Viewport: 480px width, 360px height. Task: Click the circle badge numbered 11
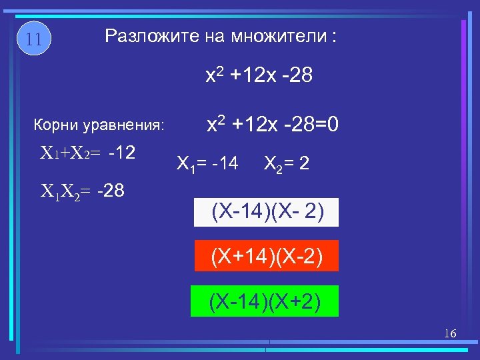click(x=34, y=39)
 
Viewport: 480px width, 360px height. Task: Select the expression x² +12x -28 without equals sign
click(x=259, y=77)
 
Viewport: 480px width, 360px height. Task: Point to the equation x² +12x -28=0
click(x=273, y=124)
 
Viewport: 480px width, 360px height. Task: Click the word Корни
click(x=55, y=125)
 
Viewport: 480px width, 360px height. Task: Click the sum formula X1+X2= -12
click(x=89, y=153)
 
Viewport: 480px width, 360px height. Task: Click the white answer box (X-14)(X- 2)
click(x=267, y=213)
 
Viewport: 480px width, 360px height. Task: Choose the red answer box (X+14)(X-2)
click(x=267, y=256)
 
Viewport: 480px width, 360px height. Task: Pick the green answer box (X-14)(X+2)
click(x=265, y=301)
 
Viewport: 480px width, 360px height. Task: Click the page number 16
click(x=450, y=333)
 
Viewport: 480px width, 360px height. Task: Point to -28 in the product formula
click(x=110, y=193)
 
